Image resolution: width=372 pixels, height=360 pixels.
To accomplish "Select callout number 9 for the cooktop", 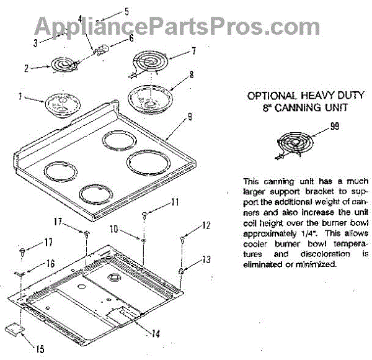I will click(189, 115).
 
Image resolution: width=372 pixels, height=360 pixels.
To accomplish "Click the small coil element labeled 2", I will click(60, 65).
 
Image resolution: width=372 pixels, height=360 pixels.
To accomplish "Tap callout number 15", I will click(40, 349).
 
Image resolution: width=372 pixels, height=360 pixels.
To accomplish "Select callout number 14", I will click(156, 333).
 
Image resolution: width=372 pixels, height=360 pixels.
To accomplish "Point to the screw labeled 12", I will click(184, 236).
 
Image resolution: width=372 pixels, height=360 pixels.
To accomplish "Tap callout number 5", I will click(126, 11).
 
